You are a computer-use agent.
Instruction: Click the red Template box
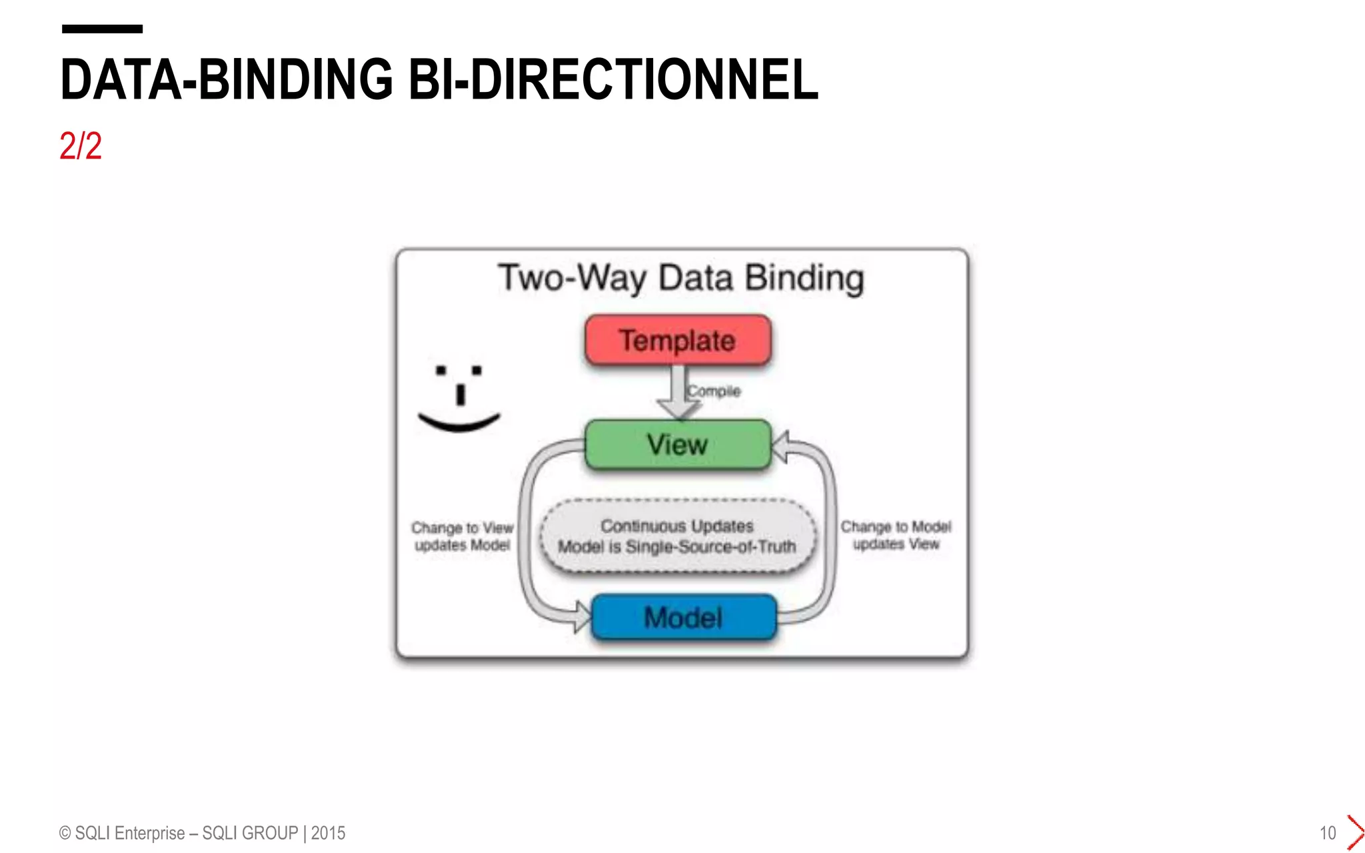[678, 340]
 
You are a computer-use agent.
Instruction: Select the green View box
[678, 444]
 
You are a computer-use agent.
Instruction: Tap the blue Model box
[684, 617]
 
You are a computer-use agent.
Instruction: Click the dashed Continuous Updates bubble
[677, 536]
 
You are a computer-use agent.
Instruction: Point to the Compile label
[714, 391]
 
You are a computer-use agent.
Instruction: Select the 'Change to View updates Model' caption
[462, 536]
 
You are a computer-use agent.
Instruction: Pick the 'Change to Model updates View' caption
[896, 535]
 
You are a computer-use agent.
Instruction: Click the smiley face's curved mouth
[459, 423]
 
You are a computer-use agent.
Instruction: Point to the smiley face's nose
[460, 395]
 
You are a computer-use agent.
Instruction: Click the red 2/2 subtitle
[81, 146]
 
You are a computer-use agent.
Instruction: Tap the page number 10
[1328, 833]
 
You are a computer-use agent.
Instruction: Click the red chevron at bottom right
[1355, 832]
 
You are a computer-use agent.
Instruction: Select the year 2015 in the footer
[328, 833]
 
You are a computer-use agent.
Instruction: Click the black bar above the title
[102, 29]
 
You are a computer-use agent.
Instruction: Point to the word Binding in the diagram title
[804, 278]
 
